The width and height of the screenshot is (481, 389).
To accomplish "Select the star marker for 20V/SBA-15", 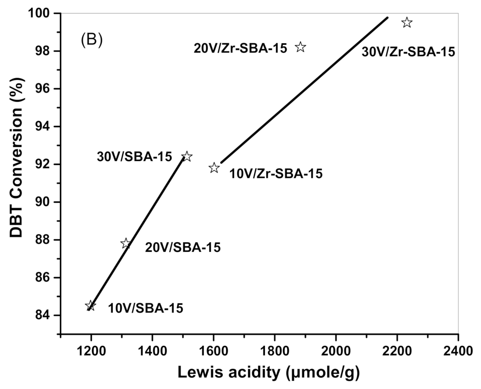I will click(x=126, y=244).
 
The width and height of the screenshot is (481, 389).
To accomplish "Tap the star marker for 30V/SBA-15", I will click(x=187, y=156).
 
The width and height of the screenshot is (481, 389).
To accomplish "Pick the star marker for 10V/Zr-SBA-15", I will click(x=214, y=168).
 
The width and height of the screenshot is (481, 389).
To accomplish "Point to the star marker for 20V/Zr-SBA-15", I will click(x=300, y=47).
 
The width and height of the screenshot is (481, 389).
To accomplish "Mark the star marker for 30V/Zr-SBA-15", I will click(x=407, y=23).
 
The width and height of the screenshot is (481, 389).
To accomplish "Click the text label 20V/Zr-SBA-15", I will click(x=240, y=48).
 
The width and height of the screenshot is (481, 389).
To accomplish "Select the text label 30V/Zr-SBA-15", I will click(x=408, y=52).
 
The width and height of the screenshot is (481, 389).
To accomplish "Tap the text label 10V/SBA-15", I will click(x=145, y=308).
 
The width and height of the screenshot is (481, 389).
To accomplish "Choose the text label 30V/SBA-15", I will click(x=134, y=157).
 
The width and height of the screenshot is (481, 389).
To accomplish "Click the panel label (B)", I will click(x=92, y=40).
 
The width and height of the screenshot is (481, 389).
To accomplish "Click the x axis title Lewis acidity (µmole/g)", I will click(x=268, y=373).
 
